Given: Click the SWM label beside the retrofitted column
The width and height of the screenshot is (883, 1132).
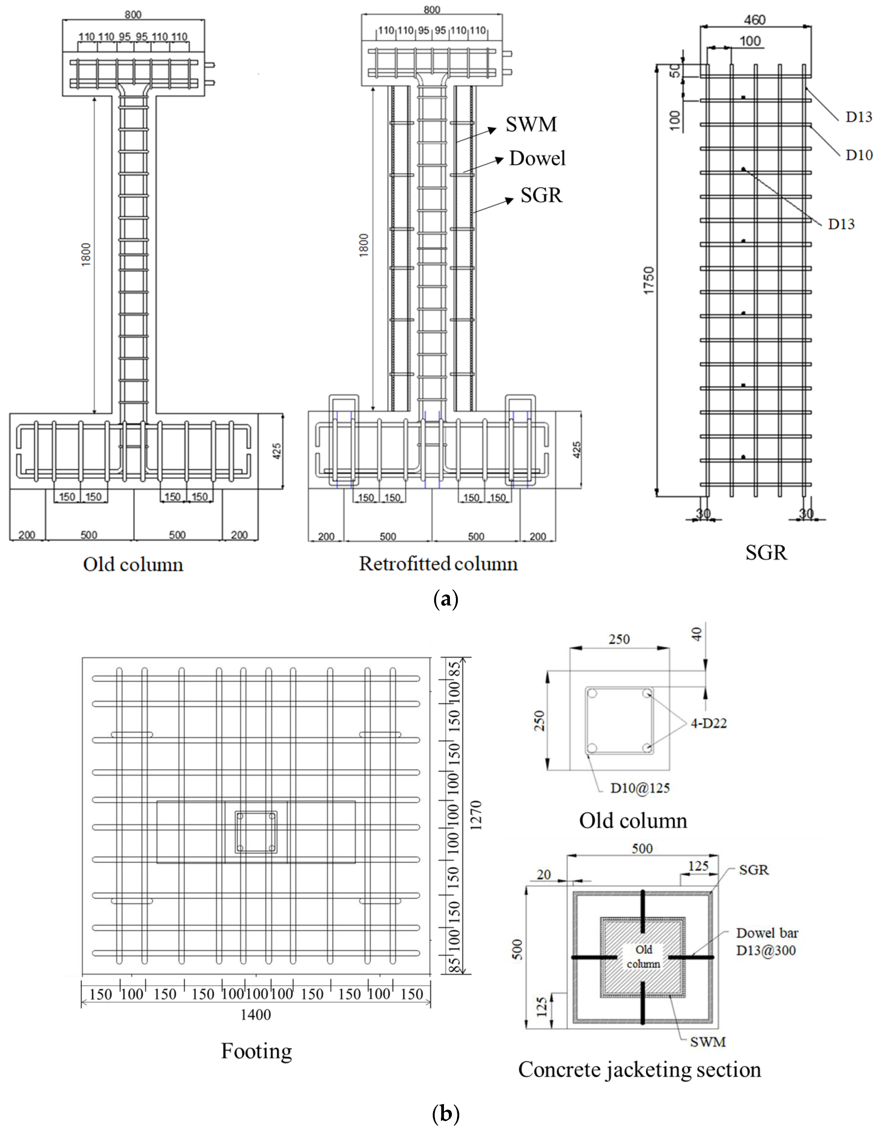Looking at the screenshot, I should tap(531, 124).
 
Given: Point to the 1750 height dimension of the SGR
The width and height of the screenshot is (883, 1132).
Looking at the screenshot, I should tap(649, 280).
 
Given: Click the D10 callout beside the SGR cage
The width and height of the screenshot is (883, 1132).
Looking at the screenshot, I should tap(859, 155).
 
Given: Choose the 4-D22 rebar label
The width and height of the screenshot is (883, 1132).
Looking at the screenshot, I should tap(708, 723).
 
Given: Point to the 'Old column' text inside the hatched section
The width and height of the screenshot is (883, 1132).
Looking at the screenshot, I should tap(644, 956).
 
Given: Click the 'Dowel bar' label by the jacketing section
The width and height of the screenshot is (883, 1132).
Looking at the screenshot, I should tap(767, 933).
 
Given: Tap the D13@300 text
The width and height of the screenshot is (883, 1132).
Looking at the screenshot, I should tap(766, 950).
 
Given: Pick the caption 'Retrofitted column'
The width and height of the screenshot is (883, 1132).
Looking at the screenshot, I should tap(438, 564).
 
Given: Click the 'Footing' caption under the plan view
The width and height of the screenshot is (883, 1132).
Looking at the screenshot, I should tap(256, 1051).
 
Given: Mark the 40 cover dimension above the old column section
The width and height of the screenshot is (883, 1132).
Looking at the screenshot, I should tap(697, 634).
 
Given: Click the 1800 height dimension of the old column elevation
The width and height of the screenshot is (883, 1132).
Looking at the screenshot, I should tap(86, 254).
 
